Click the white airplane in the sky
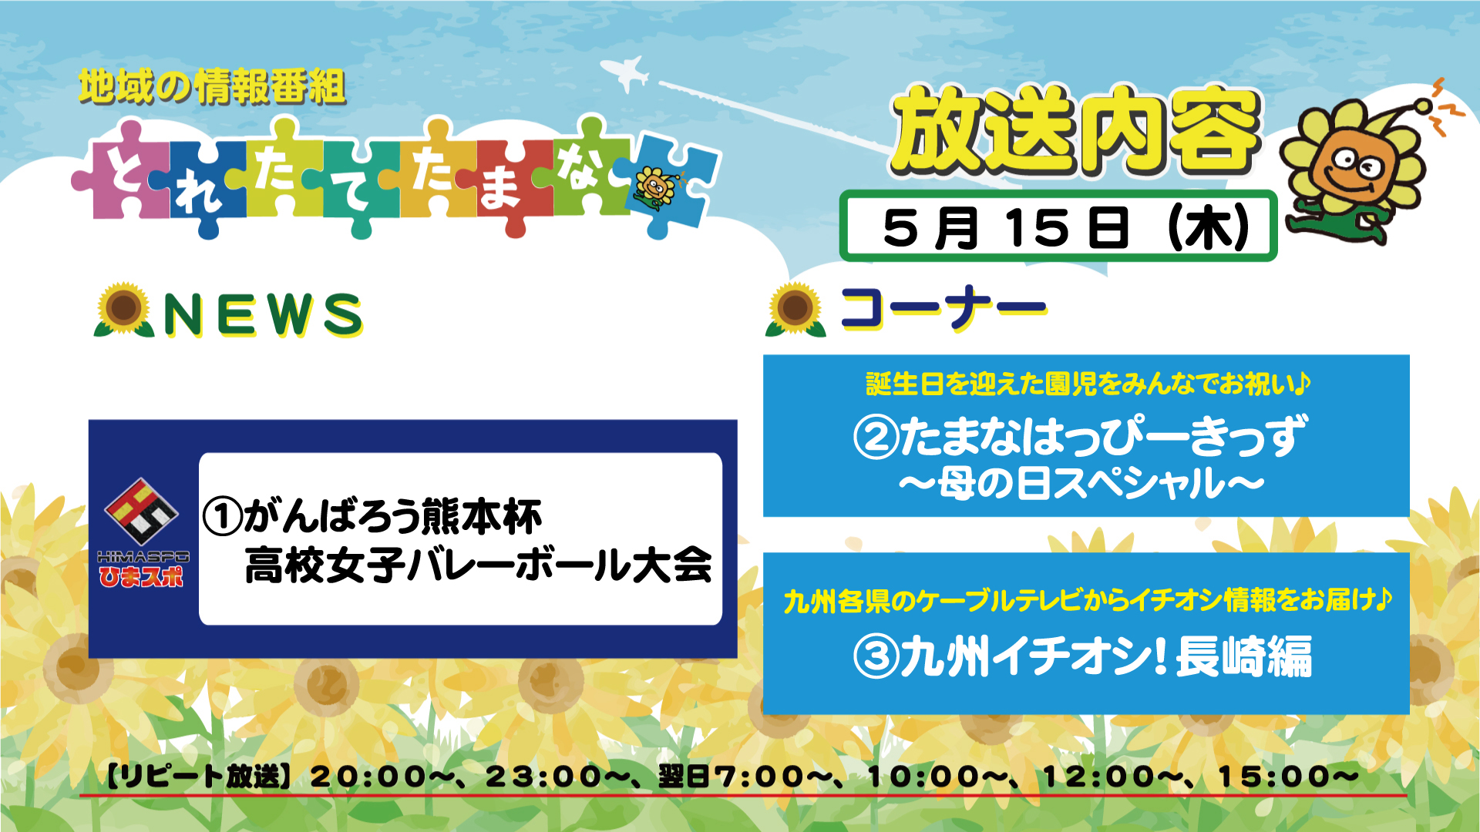(626, 72)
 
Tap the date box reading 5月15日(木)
(1058, 226)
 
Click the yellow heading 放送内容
(1076, 129)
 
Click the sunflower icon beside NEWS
(123, 310)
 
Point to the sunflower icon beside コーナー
(795, 310)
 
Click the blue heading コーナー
(943, 307)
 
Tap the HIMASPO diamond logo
(141, 511)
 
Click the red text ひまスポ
(141, 577)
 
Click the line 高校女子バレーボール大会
(478, 565)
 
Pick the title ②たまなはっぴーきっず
(1081, 435)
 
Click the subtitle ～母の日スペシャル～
(1081, 484)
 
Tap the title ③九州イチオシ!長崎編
(1082, 656)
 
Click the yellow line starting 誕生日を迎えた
(1088, 383)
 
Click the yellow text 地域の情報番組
(212, 86)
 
